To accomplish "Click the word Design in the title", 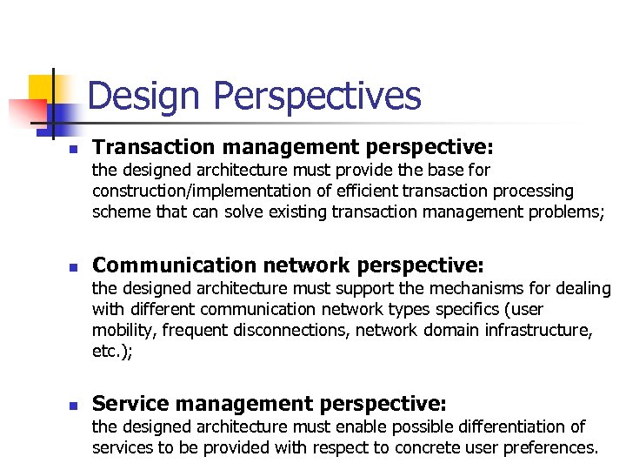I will pos(144,96).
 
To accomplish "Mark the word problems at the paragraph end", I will pos(564,211).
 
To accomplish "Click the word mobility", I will pos(123,330).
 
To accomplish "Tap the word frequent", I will pos(192,330).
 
